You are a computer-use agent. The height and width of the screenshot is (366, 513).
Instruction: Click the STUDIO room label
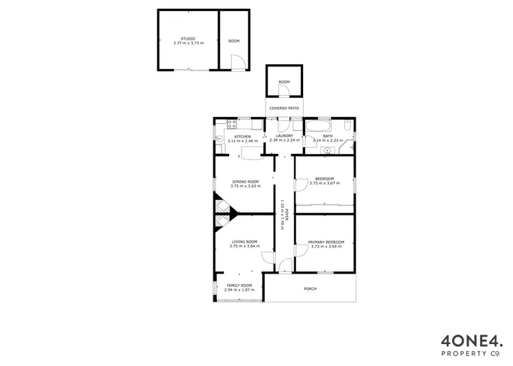tap(187, 38)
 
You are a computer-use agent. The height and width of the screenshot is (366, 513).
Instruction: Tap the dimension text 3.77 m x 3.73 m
tap(187, 43)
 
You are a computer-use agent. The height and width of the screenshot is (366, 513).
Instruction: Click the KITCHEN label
tap(243, 136)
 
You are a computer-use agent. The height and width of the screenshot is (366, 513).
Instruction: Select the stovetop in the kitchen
tap(231, 124)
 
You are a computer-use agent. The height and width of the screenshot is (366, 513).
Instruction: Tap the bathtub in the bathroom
tap(319, 125)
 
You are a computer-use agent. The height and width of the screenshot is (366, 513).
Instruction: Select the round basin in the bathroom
tap(327, 149)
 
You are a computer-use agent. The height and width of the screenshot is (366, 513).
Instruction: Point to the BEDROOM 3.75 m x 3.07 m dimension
tap(324, 183)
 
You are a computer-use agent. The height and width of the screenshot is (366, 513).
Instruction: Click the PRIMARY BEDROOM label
tap(326, 241)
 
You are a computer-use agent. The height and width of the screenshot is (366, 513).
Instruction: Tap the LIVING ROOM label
tap(244, 241)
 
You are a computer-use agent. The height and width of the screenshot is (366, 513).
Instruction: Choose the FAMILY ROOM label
tap(238, 285)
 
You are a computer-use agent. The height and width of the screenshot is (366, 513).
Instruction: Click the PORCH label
tap(310, 289)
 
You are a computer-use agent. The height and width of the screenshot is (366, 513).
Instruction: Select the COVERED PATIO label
tap(284, 108)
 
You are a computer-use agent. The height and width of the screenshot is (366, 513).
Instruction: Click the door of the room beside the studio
tap(237, 64)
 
